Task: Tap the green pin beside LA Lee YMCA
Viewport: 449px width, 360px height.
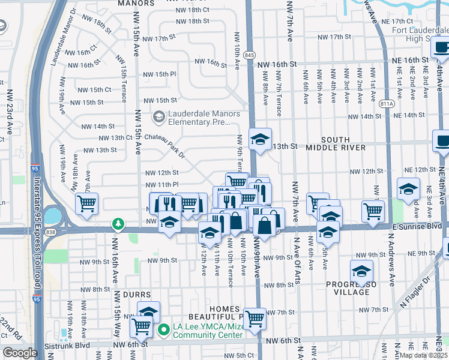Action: [x=162, y=331]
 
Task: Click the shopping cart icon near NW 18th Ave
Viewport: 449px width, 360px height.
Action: [x=87, y=204]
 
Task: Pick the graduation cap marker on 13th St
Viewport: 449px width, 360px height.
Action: [x=260, y=140]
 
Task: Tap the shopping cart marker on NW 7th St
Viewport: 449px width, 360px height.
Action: [x=255, y=319]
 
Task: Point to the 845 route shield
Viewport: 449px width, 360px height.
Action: [x=249, y=55]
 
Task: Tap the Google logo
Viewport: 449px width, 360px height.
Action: [x=20, y=353]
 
